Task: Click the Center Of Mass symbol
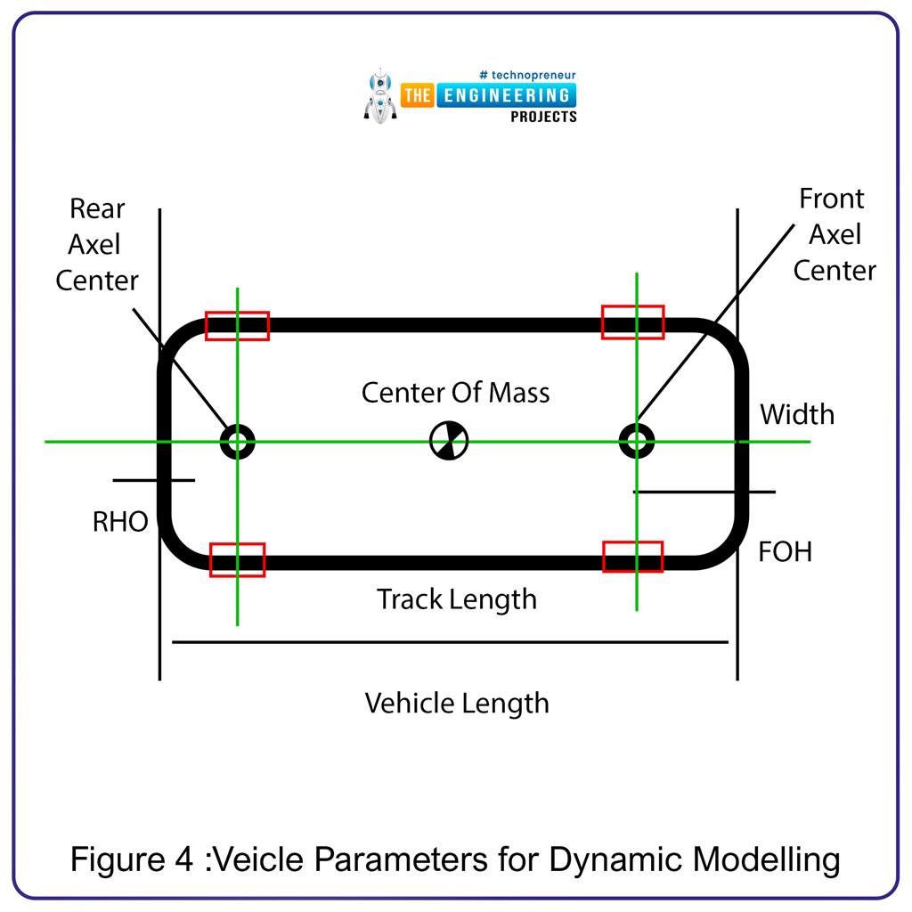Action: tap(448, 441)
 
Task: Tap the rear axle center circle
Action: tap(237, 441)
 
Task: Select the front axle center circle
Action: tap(636, 440)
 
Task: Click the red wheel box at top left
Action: tap(237, 326)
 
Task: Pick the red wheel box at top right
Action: tap(632, 322)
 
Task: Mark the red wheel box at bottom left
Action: tap(238, 560)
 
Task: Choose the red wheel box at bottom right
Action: tap(633, 557)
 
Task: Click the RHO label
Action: tap(120, 522)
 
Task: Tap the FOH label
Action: tap(785, 552)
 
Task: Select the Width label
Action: tap(797, 414)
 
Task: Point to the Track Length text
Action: tap(456, 599)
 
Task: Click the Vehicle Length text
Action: tap(457, 704)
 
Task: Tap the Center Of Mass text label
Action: tap(455, 393)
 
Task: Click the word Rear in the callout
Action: tap(97, 209)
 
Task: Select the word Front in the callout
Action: tap(832, 199)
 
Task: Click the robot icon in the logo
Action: tap(380, 95)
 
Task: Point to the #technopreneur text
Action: tap(527, 75)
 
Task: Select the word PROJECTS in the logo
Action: tap(543, 117)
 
